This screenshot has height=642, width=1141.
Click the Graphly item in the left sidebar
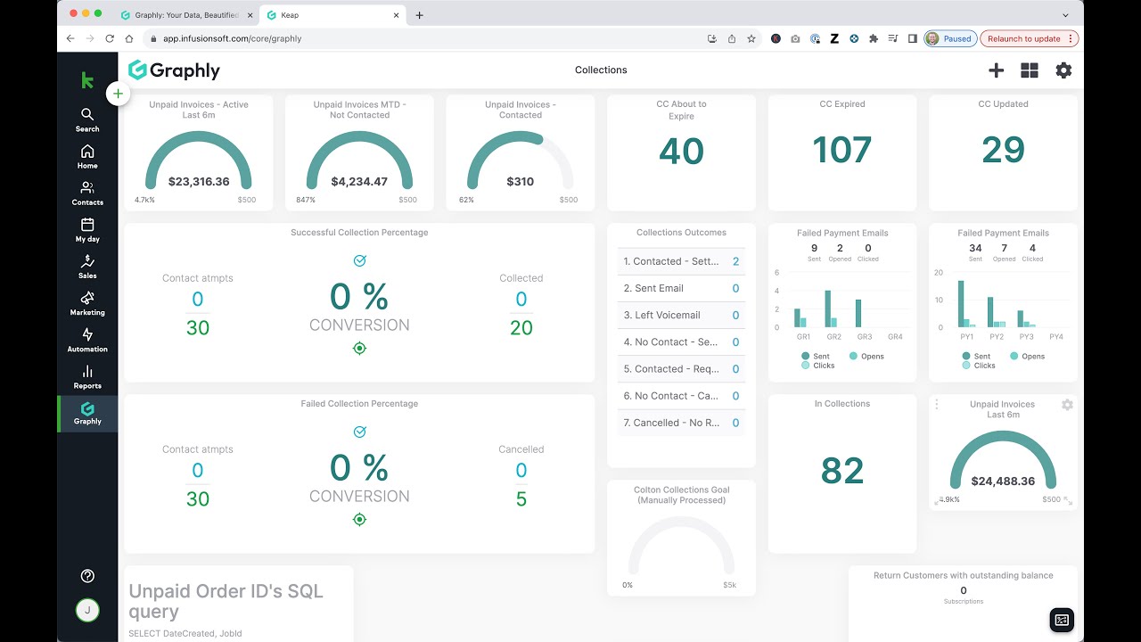pyautogui.click(x=87, y=414)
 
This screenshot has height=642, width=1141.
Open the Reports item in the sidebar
pyautogui.click(x=87, y=377)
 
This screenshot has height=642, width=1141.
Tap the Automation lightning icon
pyautogui.click(x=87, y=334)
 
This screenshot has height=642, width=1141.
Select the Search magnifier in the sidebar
pyautogui.click(x=87, y=114)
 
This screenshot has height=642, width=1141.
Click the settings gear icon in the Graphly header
pyautogui.click(x=1063, y=70)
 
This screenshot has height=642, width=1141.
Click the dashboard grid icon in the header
pyautogui.click(x=1030, y=70)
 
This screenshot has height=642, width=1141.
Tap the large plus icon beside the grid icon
pyautogui.click(x=996, y=70)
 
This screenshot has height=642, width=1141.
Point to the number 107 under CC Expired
pyautogui.click(x=842, y=150)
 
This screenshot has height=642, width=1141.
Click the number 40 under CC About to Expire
pyautogui.click(x=682, y=151)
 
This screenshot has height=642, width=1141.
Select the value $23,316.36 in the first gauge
pyautogui.click(x=199, y=181)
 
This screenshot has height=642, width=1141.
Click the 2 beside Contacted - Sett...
pyautogui.click(x=735, y=261)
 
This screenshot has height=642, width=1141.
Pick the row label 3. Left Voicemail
pyautogui.click(x=661, y=315)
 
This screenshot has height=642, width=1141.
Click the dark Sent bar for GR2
pyautogui.click(x=828, y=309)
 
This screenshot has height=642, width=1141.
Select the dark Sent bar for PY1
pyautogui.click(x=961, y=304)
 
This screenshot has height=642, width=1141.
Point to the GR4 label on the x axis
pyautogui.click(x=895, y=337)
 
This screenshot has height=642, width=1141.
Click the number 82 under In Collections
pyautogui.click(x=842, y=470)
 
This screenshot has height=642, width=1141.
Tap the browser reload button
pyautogui.click(x=110, y=38)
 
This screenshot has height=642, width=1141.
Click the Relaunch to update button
pyautogui.click(x=1029, y=38)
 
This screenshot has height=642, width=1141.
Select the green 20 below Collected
pyautogui.click(x=521, y=327)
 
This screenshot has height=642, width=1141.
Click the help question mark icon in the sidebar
pyautogui.click(x=87, y=576)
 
